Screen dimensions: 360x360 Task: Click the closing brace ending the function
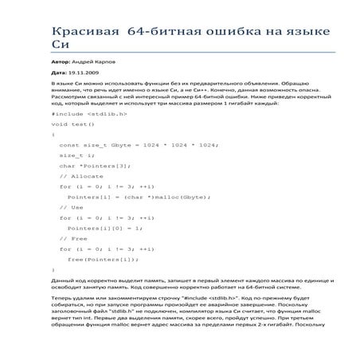(x=53, y=269)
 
